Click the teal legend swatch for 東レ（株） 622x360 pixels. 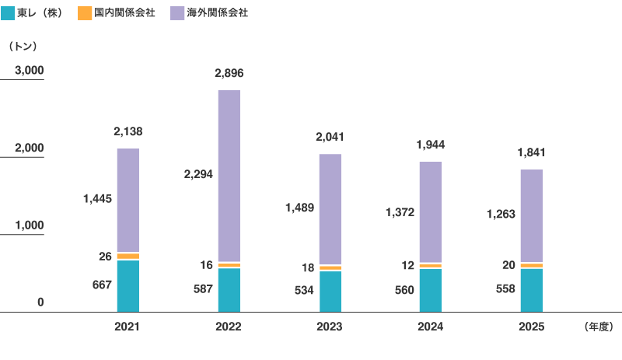click(8, 13)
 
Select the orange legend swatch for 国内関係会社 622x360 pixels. click(85, 13)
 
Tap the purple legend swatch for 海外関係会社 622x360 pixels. click(177, 13)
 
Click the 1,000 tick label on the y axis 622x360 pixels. click(30, 225)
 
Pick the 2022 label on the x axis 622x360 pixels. click(229, 327)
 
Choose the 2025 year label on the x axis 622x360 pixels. click(532, 327)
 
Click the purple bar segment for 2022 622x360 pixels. click(229, 176)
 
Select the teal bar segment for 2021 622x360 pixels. click(128, 286)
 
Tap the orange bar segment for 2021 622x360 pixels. click(128, 257)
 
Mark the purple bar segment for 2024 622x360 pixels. click(431, 212)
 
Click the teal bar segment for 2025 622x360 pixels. click(532, 291)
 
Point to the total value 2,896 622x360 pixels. click(229, 73)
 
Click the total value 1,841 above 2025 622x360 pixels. click(532, 152)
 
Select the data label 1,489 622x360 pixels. click(300, 208)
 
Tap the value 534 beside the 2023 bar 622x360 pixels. click(304, 290)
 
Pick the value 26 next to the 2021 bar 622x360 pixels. click(105, 257)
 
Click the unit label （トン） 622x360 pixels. click(23, 46)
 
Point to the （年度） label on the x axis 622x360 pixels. click(599, 327)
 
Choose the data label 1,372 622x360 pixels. click(400, 212)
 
